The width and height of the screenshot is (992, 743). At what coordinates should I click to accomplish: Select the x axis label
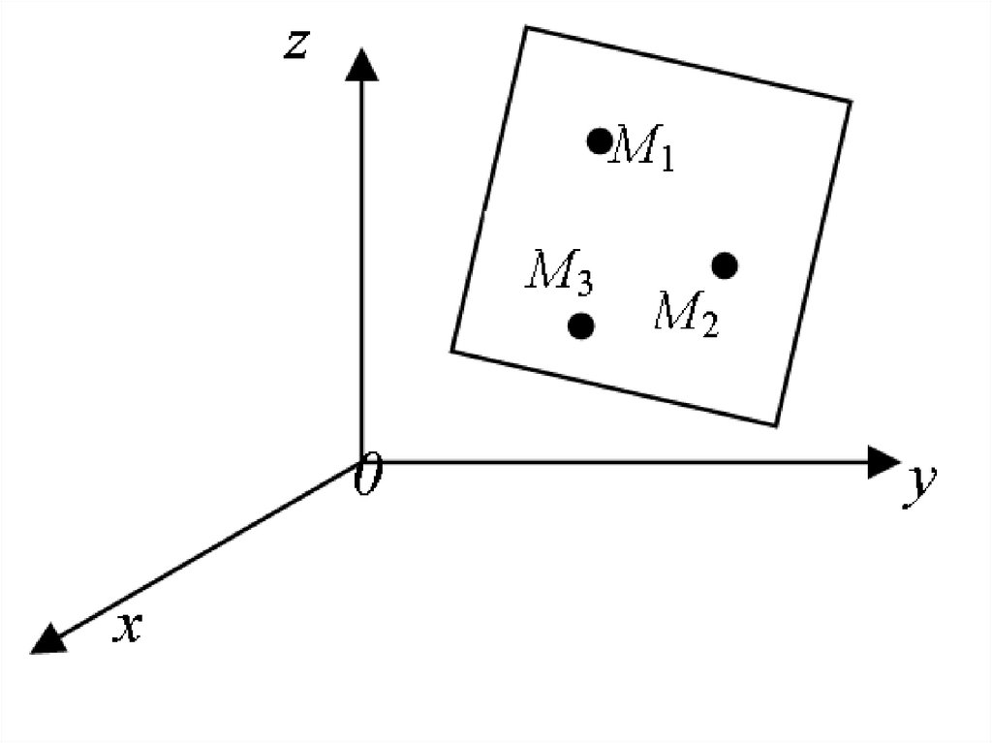click(x=129, y=629)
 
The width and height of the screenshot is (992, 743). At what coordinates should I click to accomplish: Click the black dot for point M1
click(x=600, y=140)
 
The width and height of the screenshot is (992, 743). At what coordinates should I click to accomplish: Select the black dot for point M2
click(x=725, y=264)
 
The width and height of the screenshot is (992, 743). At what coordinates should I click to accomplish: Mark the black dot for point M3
click(x=580, y=325)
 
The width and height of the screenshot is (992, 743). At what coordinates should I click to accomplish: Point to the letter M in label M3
click(x=548, y=270)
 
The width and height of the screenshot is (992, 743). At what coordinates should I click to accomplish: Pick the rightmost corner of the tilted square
click(x=852, y=101)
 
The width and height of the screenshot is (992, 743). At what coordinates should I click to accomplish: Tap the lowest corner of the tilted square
click(x=776, y=424)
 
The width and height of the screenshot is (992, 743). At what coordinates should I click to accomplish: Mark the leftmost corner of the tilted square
click(x=452, y=350)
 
